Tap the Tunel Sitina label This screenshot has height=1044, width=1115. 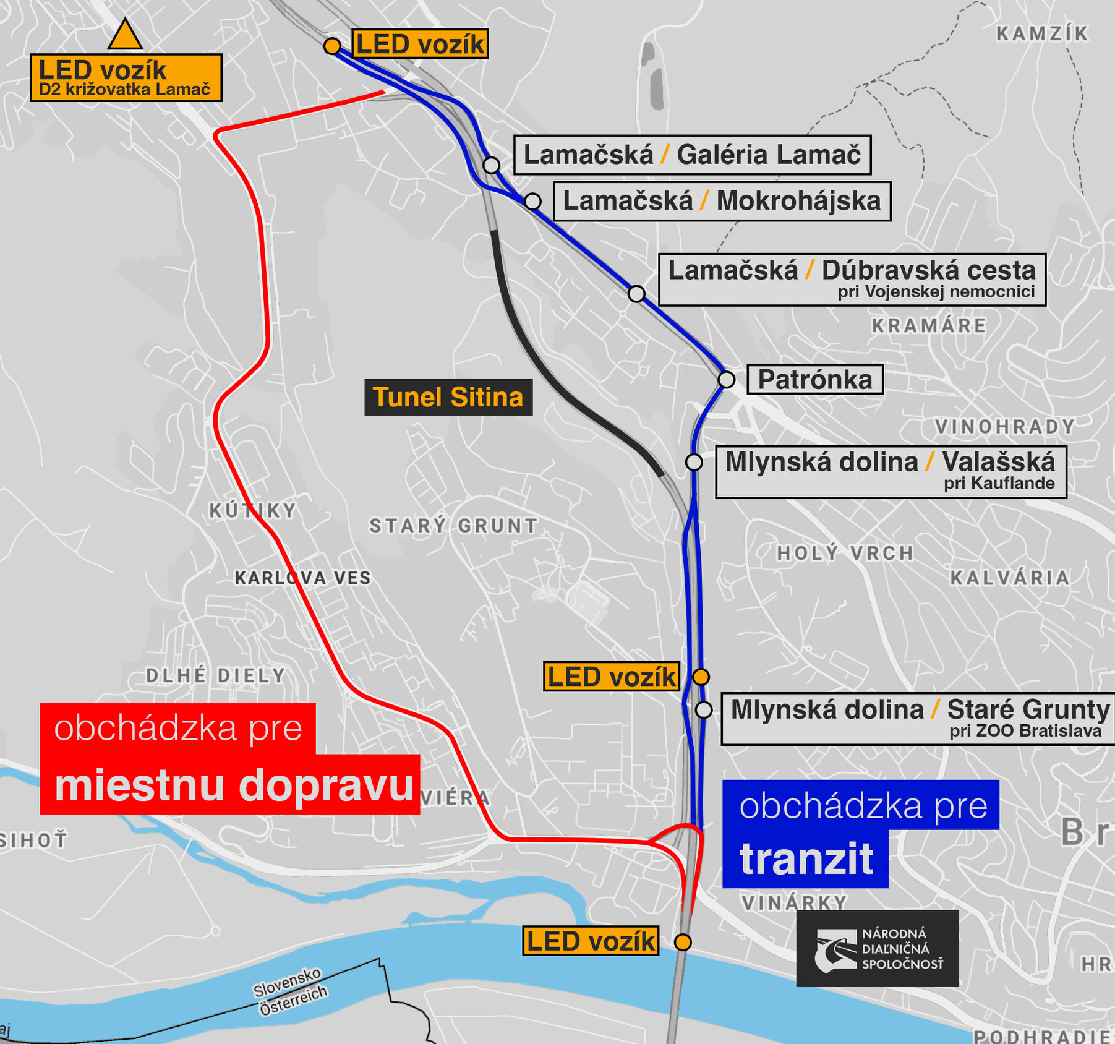[x=448, y=397]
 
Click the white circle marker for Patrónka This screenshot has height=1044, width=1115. [x=727, y=379]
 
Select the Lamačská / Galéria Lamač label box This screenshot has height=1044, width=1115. [x=692, y=155]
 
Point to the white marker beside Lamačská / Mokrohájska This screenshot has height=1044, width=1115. [x=532, y=201]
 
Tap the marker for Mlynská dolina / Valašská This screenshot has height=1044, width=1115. [x=694, y=462]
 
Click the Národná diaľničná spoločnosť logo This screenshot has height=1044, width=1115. [x=877, y=948]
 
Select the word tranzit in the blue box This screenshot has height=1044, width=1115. [x=806, y=859]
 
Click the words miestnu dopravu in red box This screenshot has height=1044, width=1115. [x=234, y=785]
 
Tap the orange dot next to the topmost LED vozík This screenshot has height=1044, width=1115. [x=332, y=46]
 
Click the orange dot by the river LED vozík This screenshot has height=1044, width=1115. [x=683, y=942]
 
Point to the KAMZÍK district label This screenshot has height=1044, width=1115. [x=1042, y=33]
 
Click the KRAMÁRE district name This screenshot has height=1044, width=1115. [x=928, y=325]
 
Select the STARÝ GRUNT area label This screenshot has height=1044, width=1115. [x=453, y=526]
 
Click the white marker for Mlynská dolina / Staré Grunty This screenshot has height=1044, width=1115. [x=704, y=709]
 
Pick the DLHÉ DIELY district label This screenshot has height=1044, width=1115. [x=216, y=675]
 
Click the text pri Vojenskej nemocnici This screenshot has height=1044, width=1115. [x=936, y=292]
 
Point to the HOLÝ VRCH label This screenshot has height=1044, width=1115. [x=845, y=553]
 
